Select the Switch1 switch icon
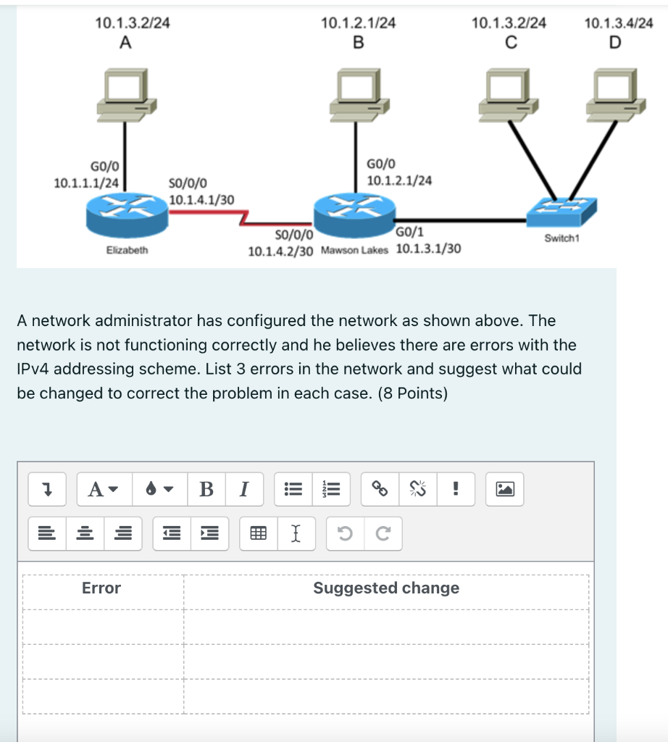562,211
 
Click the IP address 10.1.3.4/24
618,23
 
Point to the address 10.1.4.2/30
280,251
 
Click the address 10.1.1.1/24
86,183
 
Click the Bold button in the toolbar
206,489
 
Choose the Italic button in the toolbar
243,489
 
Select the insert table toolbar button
256,535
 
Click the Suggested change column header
386,588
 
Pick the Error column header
101,588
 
